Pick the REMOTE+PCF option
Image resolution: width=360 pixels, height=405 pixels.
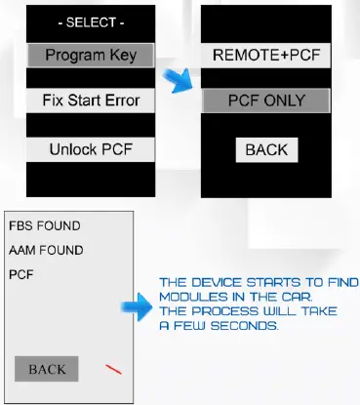point(265,56)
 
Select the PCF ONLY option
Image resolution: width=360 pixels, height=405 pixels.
point(265,101)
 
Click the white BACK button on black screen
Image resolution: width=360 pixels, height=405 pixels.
point(266,148)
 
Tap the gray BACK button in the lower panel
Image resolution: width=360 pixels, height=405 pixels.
point(47,370)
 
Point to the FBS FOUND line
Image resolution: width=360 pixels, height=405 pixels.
point(44,225)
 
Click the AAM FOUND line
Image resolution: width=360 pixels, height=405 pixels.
point(46,250)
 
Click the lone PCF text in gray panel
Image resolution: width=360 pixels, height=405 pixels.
point(20,275)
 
